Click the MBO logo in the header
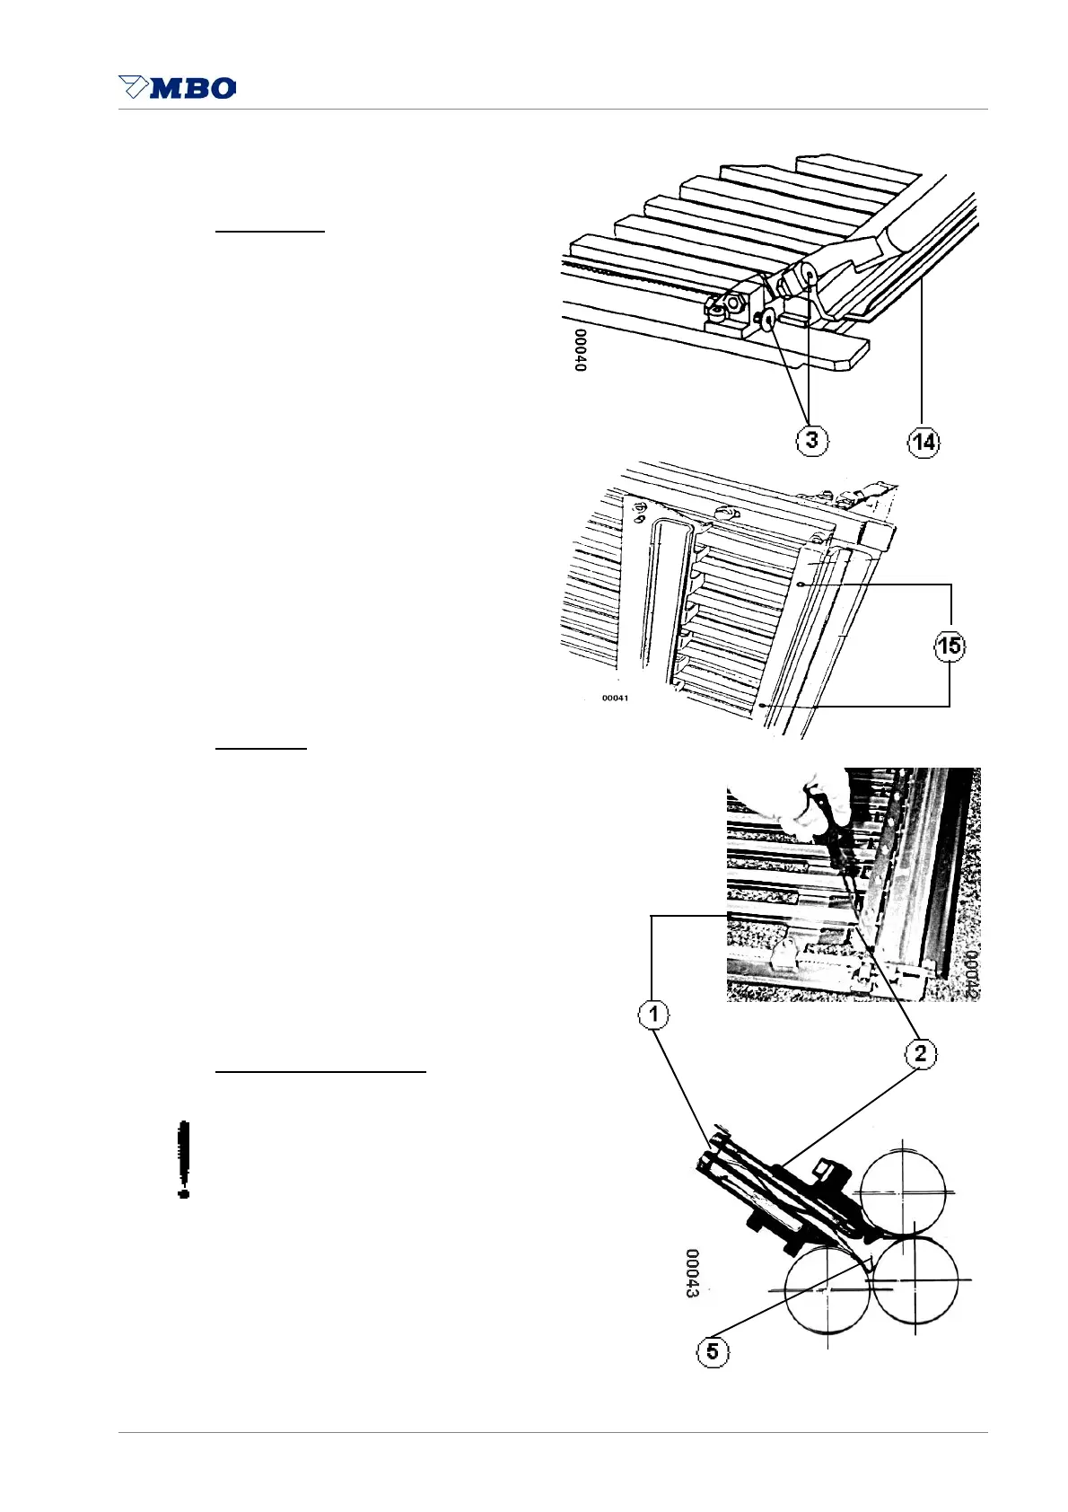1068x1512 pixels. click(x=178, y=87)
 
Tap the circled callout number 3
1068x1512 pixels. click(x=811, y=440)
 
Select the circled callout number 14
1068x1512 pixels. click(x=923, y=441)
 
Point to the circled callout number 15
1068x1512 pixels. click(x=950, y=646)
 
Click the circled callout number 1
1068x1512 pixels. click(x=653, y=1015)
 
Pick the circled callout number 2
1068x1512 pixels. click(x=921, y=1053)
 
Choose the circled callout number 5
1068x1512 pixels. click(x=713, y=1351)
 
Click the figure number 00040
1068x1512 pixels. click(x=580, y=350)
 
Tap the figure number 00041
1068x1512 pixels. click(x=615, y=698)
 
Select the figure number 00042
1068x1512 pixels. click(x=970, y=973)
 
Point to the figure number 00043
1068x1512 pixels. click(x=693, y=1272)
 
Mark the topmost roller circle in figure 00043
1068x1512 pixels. click(x=902, y=1192)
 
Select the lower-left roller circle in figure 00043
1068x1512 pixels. click(x=827, y=1289)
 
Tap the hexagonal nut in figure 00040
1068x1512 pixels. click(x=733, y=303)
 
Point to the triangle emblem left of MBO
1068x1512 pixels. click(x=134, y=87)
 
